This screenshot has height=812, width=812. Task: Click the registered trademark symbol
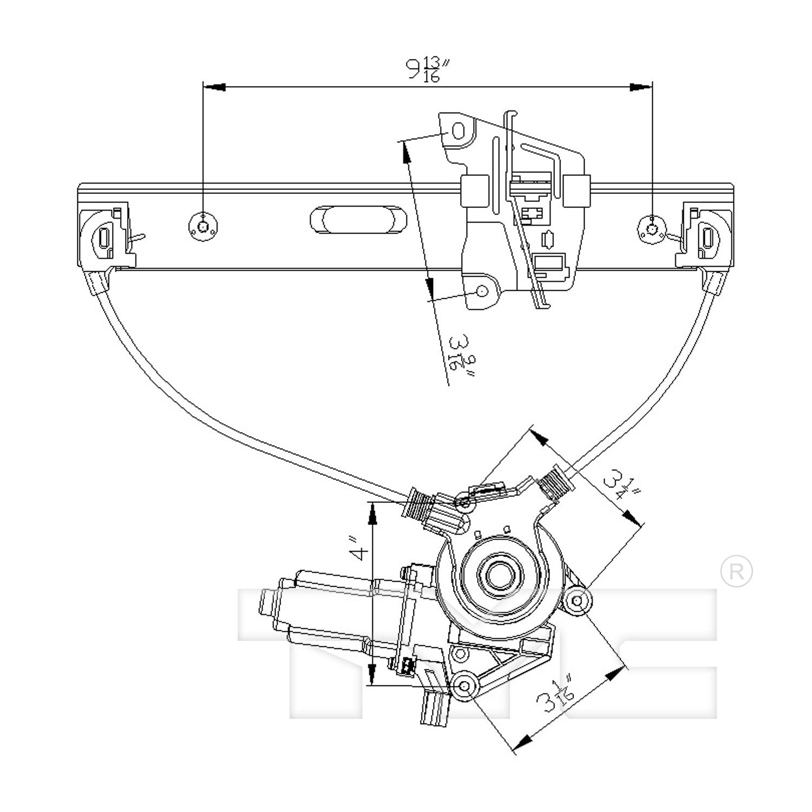coord(737,572)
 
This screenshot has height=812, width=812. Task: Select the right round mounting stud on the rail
coord(652,228)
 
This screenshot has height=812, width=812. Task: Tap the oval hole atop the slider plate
coord(458,131)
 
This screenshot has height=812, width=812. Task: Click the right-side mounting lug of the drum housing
coord(577,600)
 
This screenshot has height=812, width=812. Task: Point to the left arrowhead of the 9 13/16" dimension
coord(214,87)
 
